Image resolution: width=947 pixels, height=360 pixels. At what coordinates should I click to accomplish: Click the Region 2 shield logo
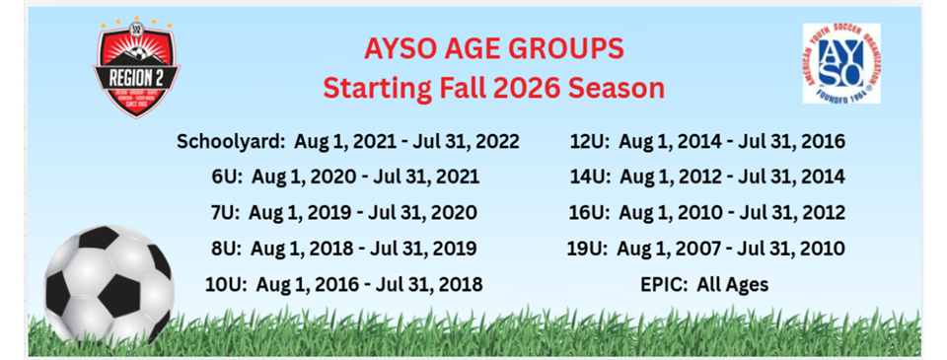click(136, 68)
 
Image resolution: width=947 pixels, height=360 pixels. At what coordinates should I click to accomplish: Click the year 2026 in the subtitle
click(530, 88)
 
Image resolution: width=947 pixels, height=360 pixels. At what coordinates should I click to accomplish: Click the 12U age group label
click(590, 141)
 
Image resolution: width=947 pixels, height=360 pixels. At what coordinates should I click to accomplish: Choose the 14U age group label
click(590, 178)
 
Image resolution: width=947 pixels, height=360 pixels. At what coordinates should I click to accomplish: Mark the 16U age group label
click(590, 213)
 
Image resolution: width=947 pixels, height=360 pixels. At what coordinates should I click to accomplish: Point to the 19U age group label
click(590, 249)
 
